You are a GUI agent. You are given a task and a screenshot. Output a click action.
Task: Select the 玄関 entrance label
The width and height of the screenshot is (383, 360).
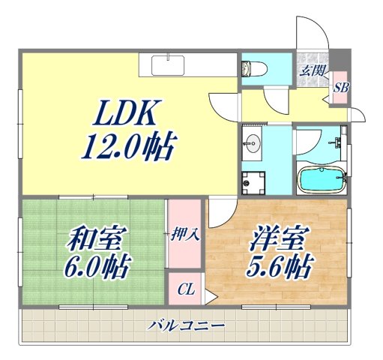pyautogui.click(x=312, y=71)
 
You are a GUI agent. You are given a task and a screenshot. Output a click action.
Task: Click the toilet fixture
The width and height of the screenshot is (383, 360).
pyautogui.click(x=252, y=68)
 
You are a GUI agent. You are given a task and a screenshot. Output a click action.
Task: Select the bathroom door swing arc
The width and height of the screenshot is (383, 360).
pyautogui.click(x=309, y=141)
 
